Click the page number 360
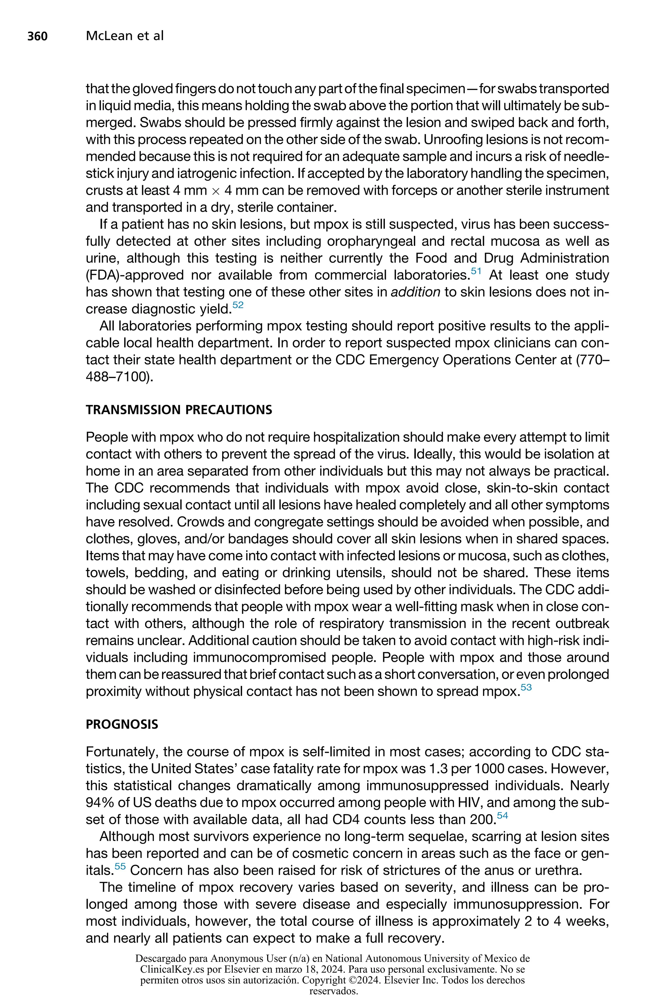tap(38, 36)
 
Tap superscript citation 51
tap(476, 271)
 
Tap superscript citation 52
tap(238, 305)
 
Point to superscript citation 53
tap(526, 687)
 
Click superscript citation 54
tap(502, 815)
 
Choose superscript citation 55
tap(120, 866)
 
